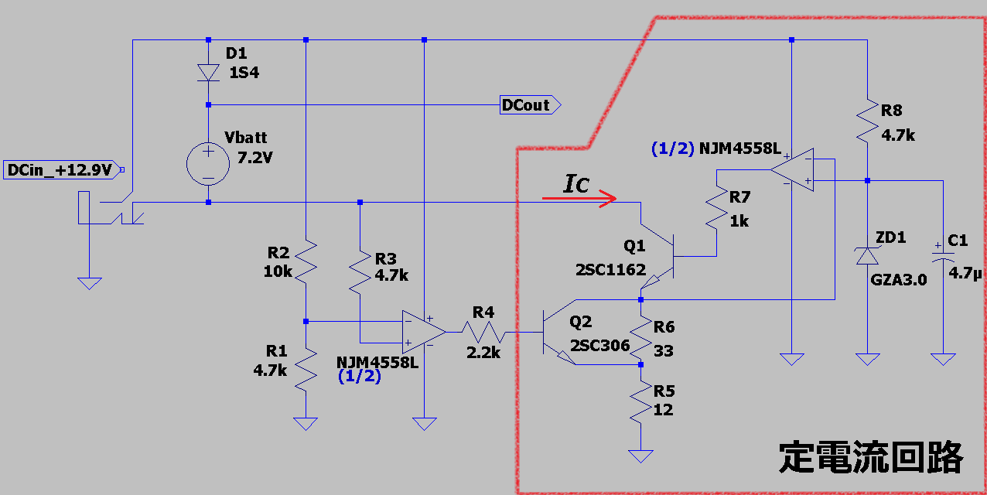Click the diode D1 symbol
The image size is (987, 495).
point(208,72)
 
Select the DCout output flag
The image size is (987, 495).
point(530,105)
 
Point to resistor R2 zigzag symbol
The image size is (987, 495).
point(306,261)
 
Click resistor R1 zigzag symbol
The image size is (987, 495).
point(306,370)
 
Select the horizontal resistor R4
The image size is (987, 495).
point(483,332)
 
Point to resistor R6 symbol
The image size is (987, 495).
point(641,331)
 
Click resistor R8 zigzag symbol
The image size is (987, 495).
point(867,122)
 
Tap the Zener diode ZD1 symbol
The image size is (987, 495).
point(867,255)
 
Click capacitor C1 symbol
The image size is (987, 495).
point(943,255)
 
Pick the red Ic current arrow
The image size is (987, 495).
point(579,199)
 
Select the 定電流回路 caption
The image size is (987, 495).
point(871,459)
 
